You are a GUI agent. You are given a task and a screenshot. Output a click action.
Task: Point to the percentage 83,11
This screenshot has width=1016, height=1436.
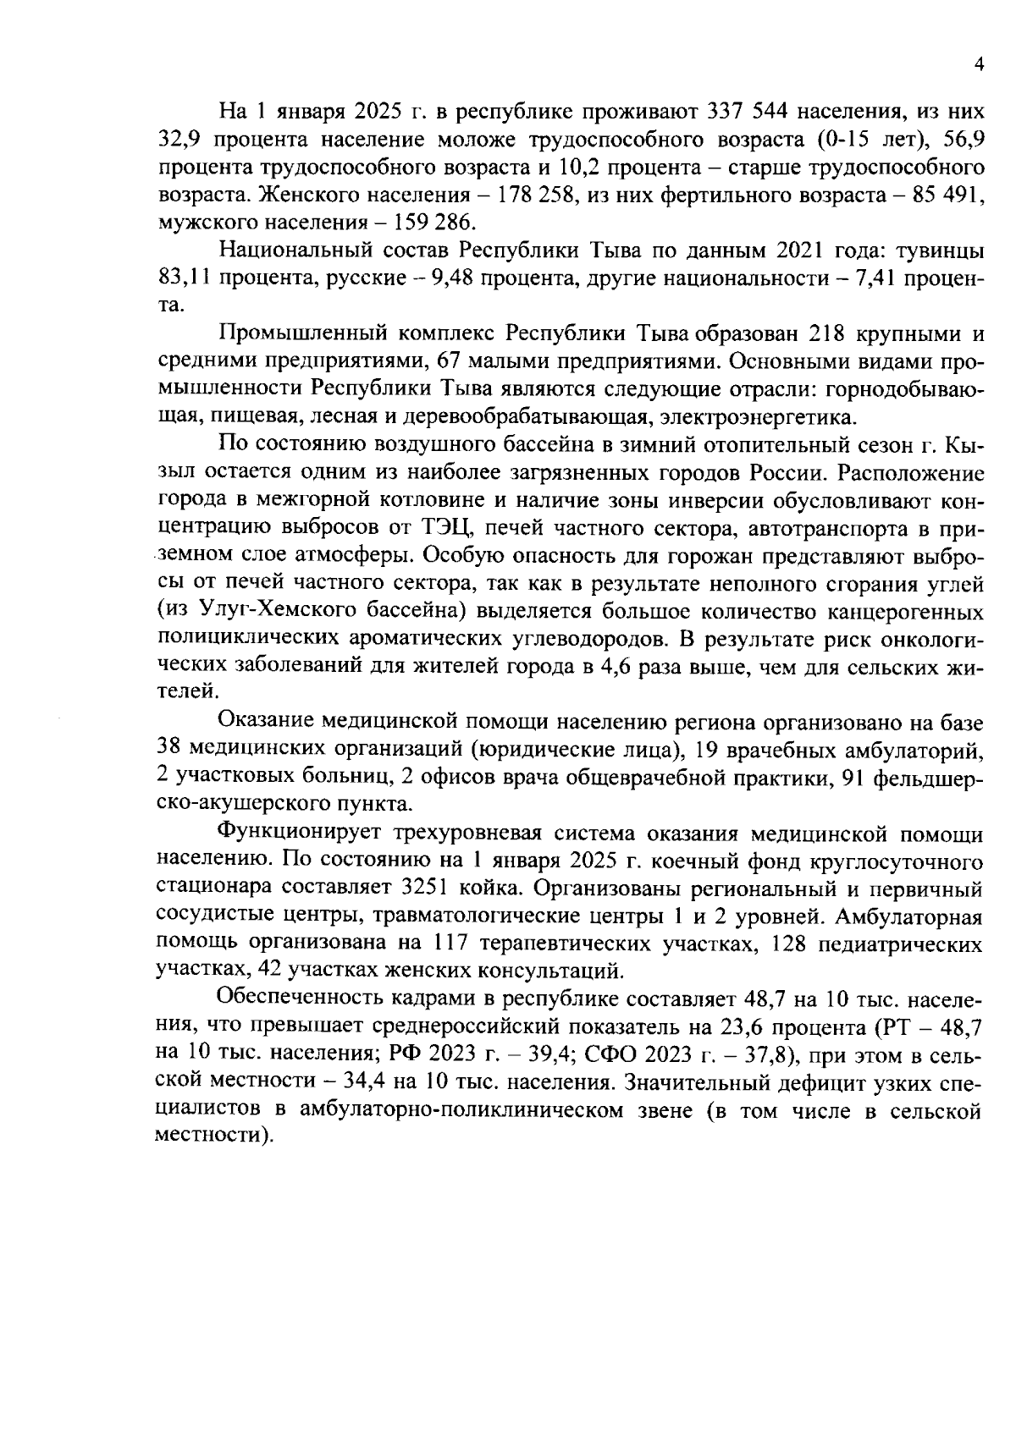[184, 278]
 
